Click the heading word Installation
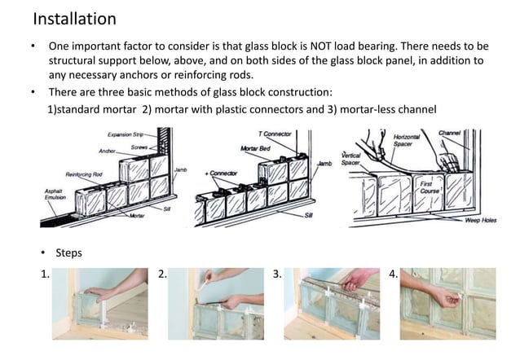click(x=74, y=18)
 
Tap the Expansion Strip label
click(x=126, y=133)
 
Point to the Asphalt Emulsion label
click(x=54, y=195)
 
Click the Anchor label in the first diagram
click(x=107, y=151)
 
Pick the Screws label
click(x=140, y=147)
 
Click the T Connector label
click(x=275, y=133)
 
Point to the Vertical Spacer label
click(x=350, y=158)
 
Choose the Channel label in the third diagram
click(x=450, y=132)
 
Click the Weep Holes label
click(x=481, y=221)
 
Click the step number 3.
click(x=278, y=274)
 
